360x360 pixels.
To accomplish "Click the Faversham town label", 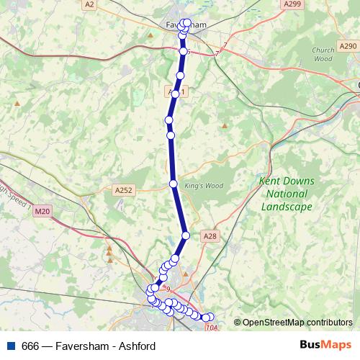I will (x=174, y=25).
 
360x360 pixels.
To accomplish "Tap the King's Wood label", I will (x=204, y=186).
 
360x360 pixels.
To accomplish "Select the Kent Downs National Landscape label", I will (x=286, y=194).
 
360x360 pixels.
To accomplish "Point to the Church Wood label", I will (x=323, y=55).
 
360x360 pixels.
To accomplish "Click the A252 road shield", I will (x=123, y=190).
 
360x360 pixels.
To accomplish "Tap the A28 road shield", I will (x=210, y=235).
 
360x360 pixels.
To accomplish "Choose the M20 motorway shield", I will (x=42, y=211).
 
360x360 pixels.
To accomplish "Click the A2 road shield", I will (x=89, y=4).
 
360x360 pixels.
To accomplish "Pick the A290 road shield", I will (x=346, y=45).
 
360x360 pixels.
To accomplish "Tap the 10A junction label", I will (x=211, y=328).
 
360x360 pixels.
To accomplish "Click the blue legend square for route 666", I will (x=11, y=346).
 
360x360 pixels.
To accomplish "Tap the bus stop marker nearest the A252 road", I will (x=174, y=184).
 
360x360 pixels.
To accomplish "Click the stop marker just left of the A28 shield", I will (x=186, y=235).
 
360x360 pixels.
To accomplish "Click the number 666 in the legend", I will (x=30, y=346).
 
